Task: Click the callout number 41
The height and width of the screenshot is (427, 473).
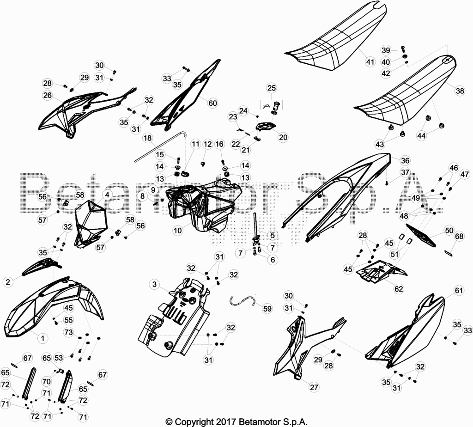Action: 370,62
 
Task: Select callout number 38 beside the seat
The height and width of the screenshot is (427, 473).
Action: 460,91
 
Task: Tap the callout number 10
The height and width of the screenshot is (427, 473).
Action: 178,231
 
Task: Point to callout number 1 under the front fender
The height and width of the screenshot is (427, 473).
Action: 42,338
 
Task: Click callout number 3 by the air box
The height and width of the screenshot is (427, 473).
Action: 154,284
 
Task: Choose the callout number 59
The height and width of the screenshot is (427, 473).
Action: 267,309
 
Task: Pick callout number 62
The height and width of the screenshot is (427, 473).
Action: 399,289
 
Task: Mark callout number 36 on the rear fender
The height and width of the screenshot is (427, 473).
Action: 405,160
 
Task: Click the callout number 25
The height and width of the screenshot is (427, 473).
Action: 272,88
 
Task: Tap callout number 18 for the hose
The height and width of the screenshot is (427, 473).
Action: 148,138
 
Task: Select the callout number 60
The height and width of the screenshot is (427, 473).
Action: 212,103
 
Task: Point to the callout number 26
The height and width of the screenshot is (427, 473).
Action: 48,95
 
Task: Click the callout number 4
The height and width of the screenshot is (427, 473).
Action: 107,195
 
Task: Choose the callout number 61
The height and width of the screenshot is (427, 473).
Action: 459,291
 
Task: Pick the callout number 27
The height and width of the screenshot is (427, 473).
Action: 314,387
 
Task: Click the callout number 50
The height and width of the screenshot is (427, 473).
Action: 449,230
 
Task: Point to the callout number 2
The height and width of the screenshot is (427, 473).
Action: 8,282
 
